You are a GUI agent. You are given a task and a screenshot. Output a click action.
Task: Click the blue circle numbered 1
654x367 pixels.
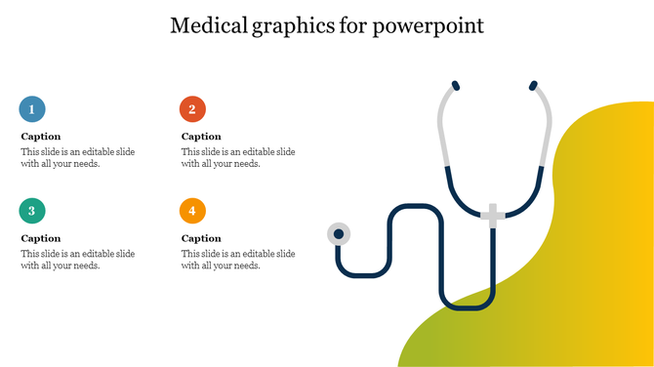(x=32, y=108)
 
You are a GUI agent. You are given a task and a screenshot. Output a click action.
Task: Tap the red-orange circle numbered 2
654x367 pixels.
(x=192, y=108)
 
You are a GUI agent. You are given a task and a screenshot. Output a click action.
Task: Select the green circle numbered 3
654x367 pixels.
(x=32, y=210)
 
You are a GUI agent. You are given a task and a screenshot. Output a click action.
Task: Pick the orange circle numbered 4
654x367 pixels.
(x=192, y=210)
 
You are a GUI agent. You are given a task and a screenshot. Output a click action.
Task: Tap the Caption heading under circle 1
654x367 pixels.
(x=41, y=137)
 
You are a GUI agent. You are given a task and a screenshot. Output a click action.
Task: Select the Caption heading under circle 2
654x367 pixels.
(x=201, y=137)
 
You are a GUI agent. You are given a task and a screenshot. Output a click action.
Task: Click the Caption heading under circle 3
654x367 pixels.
(x=41, y=238)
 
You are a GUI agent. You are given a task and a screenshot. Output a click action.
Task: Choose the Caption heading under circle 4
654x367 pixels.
(x=201, y=238)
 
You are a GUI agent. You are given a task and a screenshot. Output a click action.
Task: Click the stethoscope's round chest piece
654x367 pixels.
(x=339, y=234)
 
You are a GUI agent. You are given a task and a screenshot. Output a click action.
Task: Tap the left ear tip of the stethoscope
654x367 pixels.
(x=454, y=86)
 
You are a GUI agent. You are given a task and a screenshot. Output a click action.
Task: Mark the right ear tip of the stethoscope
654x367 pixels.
(x=533, y=86)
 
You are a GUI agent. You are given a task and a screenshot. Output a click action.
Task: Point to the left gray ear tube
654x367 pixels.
(x=443, y=127)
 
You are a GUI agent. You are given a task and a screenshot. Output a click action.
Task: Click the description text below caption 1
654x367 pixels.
(x=78, y=157)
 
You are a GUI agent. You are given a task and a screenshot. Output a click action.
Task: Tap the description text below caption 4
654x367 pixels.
(x=238, y=260)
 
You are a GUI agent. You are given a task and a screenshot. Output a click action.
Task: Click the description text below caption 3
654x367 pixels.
(x=78, y=260)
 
